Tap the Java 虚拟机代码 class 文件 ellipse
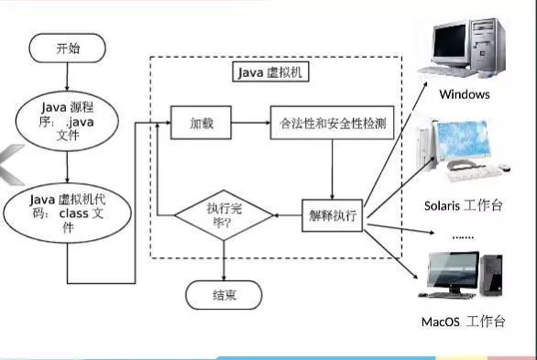66,212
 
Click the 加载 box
201,122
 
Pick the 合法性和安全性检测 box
331,122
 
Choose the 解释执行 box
333,217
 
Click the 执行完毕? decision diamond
225,217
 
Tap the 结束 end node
224,295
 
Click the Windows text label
464,94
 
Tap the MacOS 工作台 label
464,322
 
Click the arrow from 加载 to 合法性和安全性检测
249,122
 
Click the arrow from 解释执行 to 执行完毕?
288,217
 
